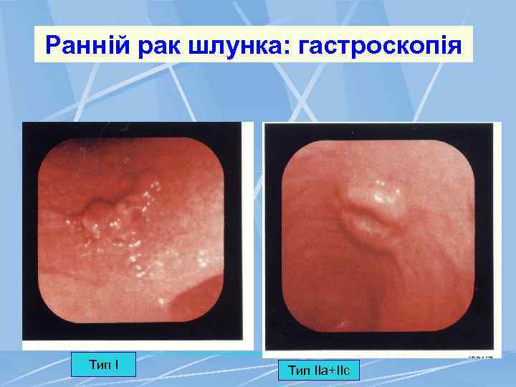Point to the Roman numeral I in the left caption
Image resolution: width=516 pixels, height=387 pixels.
[117, 365]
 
